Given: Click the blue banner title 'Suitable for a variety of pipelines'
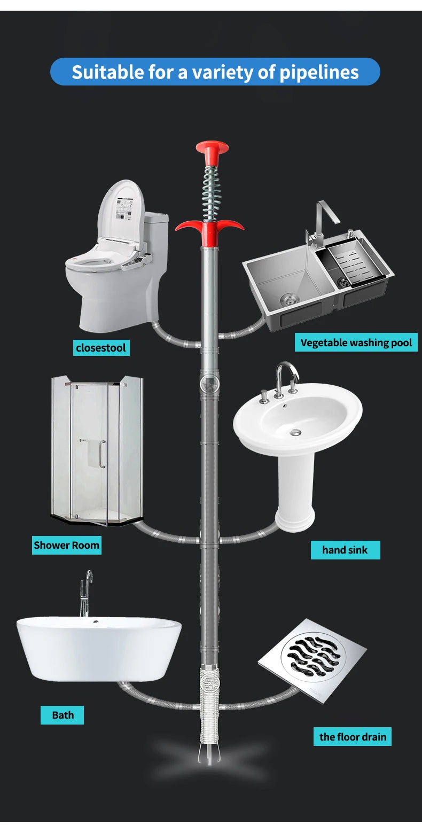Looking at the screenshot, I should click(215, 72).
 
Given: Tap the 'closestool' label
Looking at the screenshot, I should click(101, 348).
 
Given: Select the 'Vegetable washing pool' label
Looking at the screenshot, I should click(356, 343).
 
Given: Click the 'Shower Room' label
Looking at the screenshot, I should click(66, 545).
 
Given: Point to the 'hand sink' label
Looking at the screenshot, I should click(345, 550).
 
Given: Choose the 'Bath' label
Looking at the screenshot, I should click(62, 715).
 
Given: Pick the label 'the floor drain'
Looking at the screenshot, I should click(352, 737).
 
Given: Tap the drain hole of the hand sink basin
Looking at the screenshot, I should click(295, 431).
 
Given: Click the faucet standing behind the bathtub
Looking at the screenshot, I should click(85, 593).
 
